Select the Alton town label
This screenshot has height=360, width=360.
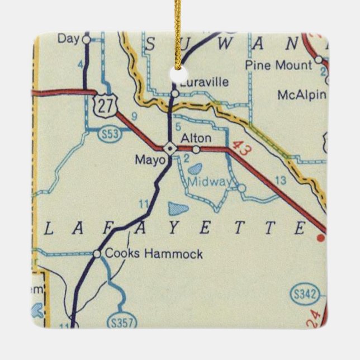click(196, 138)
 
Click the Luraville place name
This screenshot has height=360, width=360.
click(205, 82)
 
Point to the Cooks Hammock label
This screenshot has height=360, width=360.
click(154, 254)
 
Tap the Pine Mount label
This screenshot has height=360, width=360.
click(279, 65)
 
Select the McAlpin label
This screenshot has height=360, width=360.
click(301, 95)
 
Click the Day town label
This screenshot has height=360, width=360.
click(69, 39)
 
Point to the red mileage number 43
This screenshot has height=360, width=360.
click(239, 149)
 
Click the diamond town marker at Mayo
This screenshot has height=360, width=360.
click(170, 148)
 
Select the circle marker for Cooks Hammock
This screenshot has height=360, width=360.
click(97, 254)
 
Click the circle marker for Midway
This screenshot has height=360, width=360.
click(241, 188)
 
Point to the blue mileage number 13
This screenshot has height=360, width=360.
click(281, 179)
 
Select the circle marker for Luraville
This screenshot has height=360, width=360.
click(175, 93)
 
